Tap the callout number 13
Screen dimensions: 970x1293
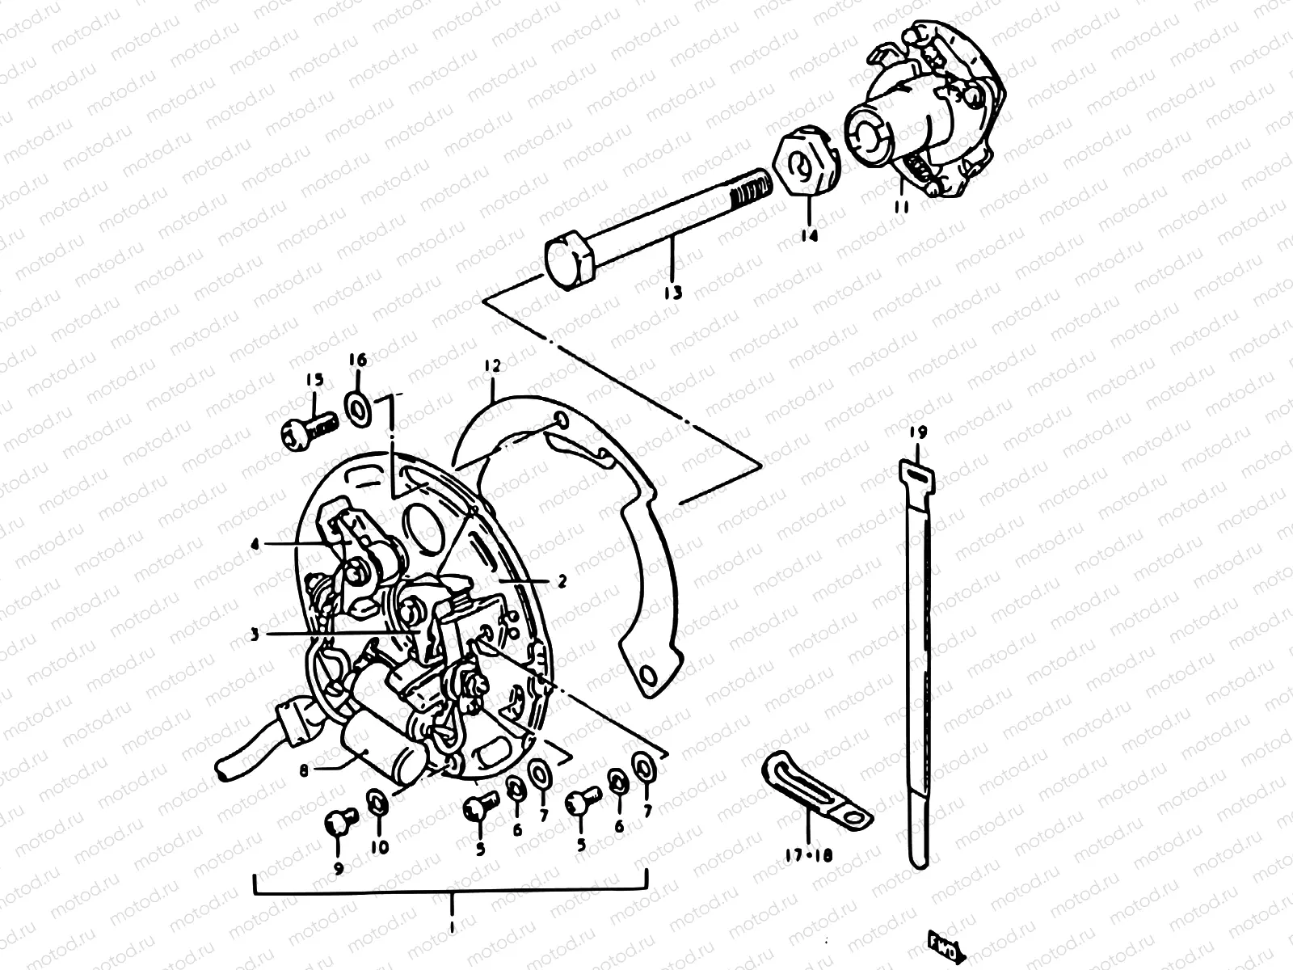coord(672,292)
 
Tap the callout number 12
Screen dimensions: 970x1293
coord(492,366)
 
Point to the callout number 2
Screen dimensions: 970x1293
coord(562,580)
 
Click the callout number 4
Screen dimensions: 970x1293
coord(255,545)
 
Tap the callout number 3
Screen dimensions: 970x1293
coord(255,635)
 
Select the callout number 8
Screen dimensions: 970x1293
coord(304,770)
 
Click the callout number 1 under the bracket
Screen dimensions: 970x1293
coord(451,923)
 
